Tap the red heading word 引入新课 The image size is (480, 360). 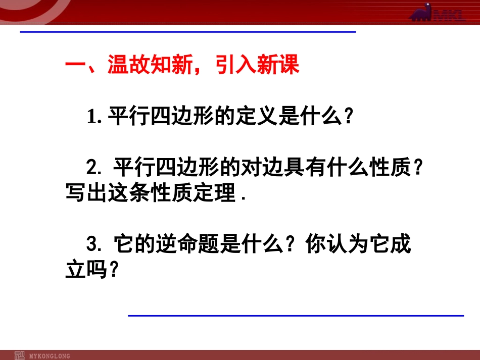[x=258, y=66]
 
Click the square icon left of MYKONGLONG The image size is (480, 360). [x=20, y=355]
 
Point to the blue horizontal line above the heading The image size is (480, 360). [x=187, y=32]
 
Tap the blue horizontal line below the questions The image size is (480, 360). [x=296, y=316]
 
